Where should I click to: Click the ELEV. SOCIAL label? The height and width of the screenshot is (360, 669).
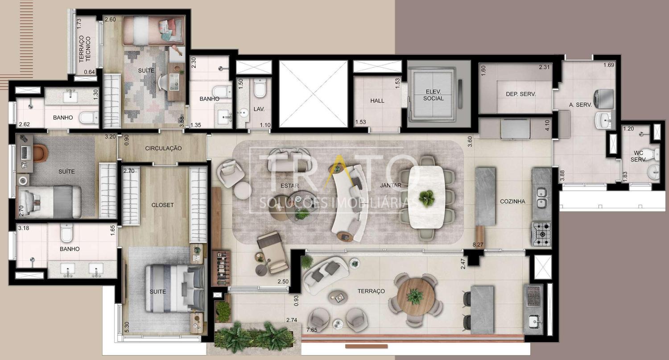coord(434,95)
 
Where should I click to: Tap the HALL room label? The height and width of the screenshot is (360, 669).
coord(377,101)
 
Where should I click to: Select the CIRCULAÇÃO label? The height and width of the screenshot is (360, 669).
coord(163,148)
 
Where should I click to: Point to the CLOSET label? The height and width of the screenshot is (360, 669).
coord(162,205)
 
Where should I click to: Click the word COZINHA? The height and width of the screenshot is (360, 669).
coord(512,201)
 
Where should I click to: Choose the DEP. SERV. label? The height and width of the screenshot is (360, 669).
coord(521,94)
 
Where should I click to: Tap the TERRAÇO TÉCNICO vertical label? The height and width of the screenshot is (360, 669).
coord(85,49)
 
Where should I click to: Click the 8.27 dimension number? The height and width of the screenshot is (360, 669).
coord(478,244)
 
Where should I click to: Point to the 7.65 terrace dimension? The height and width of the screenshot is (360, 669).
coord(312,330)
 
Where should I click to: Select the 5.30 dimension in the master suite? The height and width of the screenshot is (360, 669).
coord(127,327)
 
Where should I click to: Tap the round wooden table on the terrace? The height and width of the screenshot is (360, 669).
coord(415,296)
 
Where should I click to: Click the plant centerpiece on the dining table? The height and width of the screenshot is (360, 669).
coord(426,198)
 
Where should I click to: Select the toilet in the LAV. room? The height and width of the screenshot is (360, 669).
coord(260,88)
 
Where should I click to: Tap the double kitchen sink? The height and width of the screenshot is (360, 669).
coord(541,198)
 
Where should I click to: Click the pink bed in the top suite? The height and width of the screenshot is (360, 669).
coord(153,30)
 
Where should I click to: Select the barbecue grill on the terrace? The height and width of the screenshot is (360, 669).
coord(533,296)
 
